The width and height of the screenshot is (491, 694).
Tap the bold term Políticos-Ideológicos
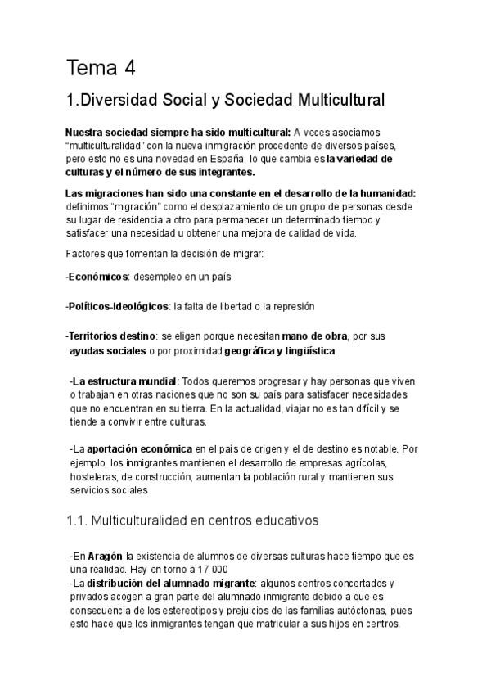tap(119, 306)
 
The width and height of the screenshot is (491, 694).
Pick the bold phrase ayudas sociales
tap(106, 350)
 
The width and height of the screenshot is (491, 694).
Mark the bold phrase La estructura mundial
tap(124, 381)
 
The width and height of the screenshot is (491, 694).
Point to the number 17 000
tap(210, 569)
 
